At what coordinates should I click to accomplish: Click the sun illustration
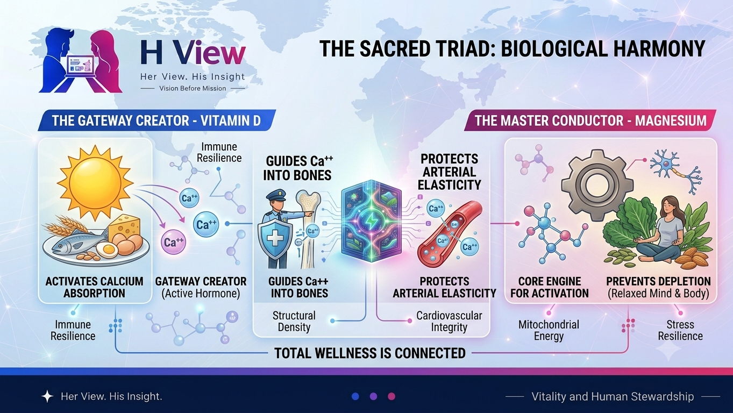[95, 183]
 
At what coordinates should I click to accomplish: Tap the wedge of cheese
[125, 226]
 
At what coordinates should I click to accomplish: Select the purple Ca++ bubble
[173, 242]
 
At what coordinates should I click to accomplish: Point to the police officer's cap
[276, 195]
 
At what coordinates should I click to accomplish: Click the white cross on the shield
[275, 238]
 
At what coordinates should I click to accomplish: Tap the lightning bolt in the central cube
[371, 221]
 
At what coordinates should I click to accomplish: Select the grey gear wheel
[597, 185]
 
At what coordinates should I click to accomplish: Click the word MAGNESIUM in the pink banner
[671, 120]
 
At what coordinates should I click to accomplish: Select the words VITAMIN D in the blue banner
[230, 120]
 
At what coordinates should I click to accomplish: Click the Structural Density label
[294, 322]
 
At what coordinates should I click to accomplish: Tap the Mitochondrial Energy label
[549, 330]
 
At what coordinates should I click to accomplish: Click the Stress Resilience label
[680, 330]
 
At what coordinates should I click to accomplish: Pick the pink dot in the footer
[392, 396]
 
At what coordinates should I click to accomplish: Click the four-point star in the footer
[47, 396]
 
